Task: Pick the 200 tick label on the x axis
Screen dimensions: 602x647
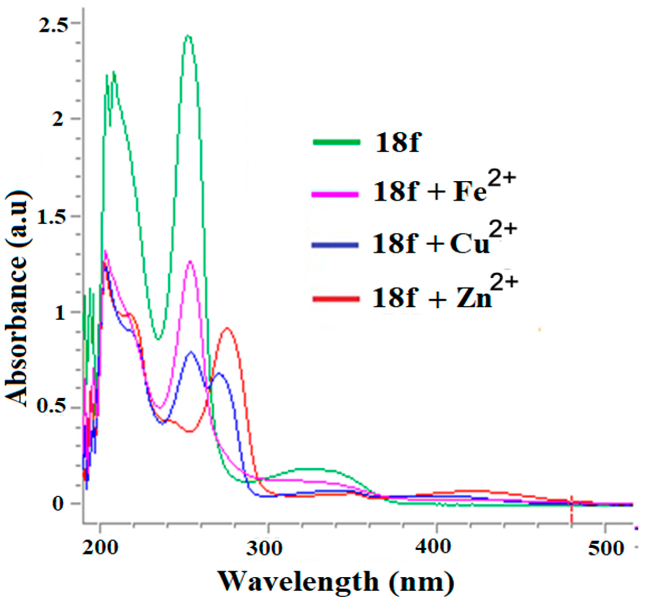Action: click(100, 548)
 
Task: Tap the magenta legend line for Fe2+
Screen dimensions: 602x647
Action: click(335, 194)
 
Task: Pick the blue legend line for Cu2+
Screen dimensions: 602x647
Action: click(335, 245)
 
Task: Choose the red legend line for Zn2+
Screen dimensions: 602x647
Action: click(335, 298)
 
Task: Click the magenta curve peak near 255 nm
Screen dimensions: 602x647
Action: click(190, 261)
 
